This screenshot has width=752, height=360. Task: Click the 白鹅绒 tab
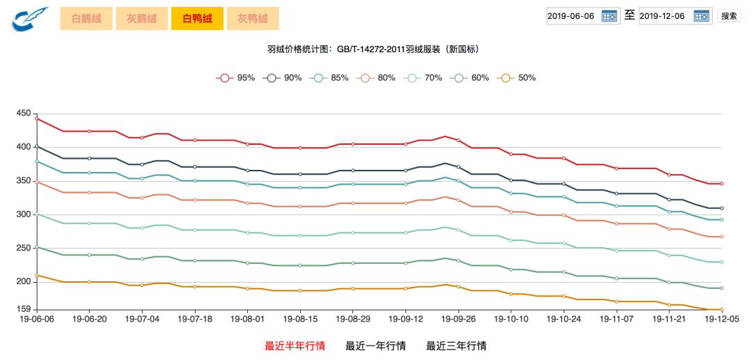pyautogui.click(x=86, y=19)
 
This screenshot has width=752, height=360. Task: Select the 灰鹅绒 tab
pyautogui.click(x=141, y=19)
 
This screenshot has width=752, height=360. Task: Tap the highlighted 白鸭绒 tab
pyautogui.click(x=197, y=19)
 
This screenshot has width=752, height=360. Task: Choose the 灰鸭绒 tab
pyautogui.click(x=252, y=19)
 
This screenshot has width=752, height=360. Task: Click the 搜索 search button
pyautogui.click(x=728, y=16)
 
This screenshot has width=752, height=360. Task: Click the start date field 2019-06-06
pyautogui.click(x=572, y=16)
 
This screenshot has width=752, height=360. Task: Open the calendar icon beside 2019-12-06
pyautogui.click(x=701, y=16)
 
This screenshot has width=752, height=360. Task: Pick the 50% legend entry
pyautogui.click(x=517, y=78)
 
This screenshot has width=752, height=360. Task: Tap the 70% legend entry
pyautogui.click(x=423, y=78)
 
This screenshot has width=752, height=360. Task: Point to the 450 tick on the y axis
pyautogui.click(x=23, y=114)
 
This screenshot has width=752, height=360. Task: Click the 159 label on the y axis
pyautogui.click(x=23, y=310)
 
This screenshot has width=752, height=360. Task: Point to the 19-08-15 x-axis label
pyautogui.click(x=300, y=318)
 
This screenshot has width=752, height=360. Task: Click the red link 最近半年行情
pyautogui.click(x=295, y=346)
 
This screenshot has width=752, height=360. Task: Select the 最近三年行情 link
pyautogui.click(x=456, y=346)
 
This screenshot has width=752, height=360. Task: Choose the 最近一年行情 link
pyautogui.click(x=375, y=346)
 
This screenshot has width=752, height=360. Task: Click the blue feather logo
pyautogui.click(x=29, y=19)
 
